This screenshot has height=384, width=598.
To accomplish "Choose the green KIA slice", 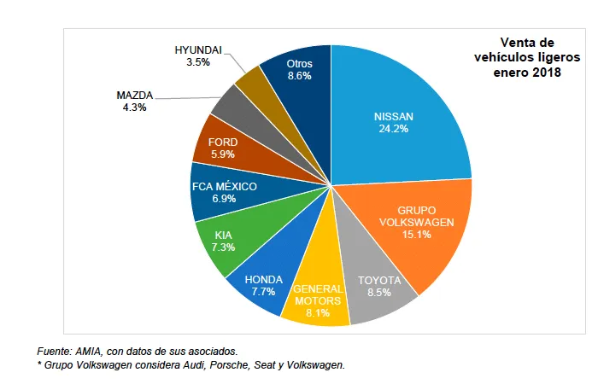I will coord(224,240).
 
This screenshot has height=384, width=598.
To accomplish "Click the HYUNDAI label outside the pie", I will coord(197,50).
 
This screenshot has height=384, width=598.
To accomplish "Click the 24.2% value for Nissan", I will coord(394,129).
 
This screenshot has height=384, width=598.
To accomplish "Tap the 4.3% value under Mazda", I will coord(134,108).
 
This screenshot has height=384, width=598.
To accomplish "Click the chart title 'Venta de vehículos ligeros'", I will coord(527,49).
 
